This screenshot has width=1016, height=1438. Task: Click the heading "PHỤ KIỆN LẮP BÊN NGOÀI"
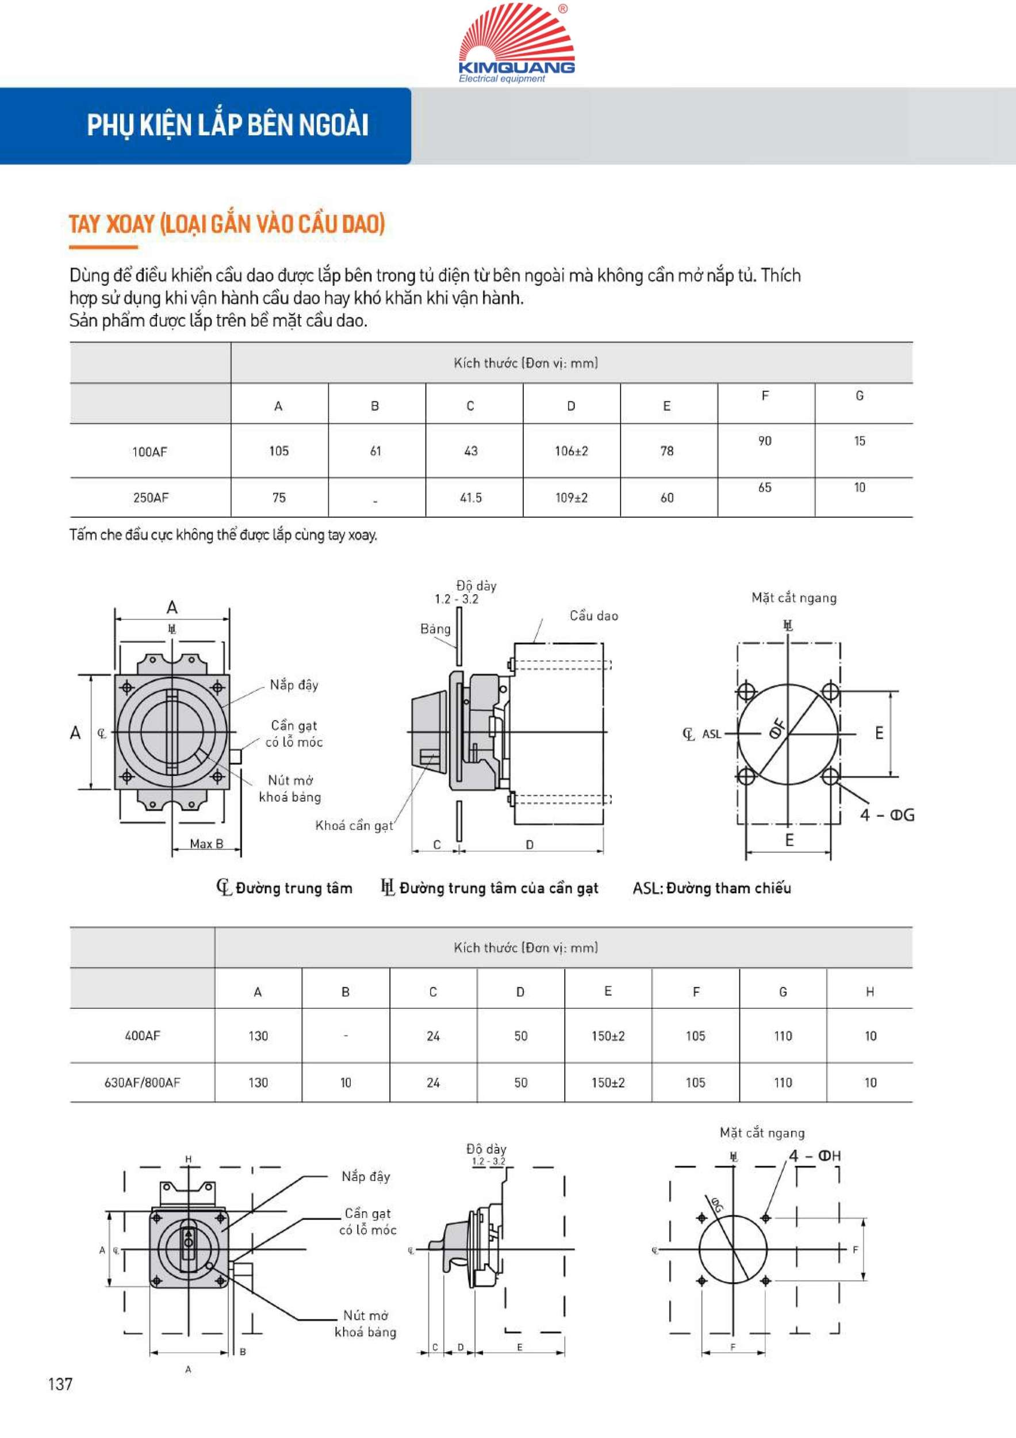(x=227, y=125)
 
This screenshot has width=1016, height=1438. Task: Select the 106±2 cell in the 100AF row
(x=571, y=451)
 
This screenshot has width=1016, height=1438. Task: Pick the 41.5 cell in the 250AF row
(x=471, y=498)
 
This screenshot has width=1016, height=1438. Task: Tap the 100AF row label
(x=149, y=452)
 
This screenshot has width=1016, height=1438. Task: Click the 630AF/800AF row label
(x=142, y=1083)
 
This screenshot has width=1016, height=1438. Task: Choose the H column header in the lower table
(x=869, y=992)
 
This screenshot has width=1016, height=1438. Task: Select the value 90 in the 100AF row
(x=764, y=442)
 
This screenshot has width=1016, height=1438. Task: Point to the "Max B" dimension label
(x=206, y=844)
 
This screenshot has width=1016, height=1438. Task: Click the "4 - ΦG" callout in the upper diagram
(x=887, y=816)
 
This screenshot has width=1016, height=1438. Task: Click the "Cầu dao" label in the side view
(x=593, y=616)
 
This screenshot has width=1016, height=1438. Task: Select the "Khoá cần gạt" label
(x=354, y=826)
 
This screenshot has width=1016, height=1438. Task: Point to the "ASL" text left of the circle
(x=711, y=734)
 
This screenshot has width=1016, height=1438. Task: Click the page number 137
(x=60, y=1384)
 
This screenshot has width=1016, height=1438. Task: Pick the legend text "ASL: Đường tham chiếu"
(x=712, y=888)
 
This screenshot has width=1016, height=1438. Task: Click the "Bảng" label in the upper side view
(x=435, y=629)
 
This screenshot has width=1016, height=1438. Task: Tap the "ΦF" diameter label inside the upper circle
(x=777, y=729)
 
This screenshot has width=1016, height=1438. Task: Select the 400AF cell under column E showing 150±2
(x=608, y=1037)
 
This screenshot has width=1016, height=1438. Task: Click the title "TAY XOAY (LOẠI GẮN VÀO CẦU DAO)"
(x=227, y=224)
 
